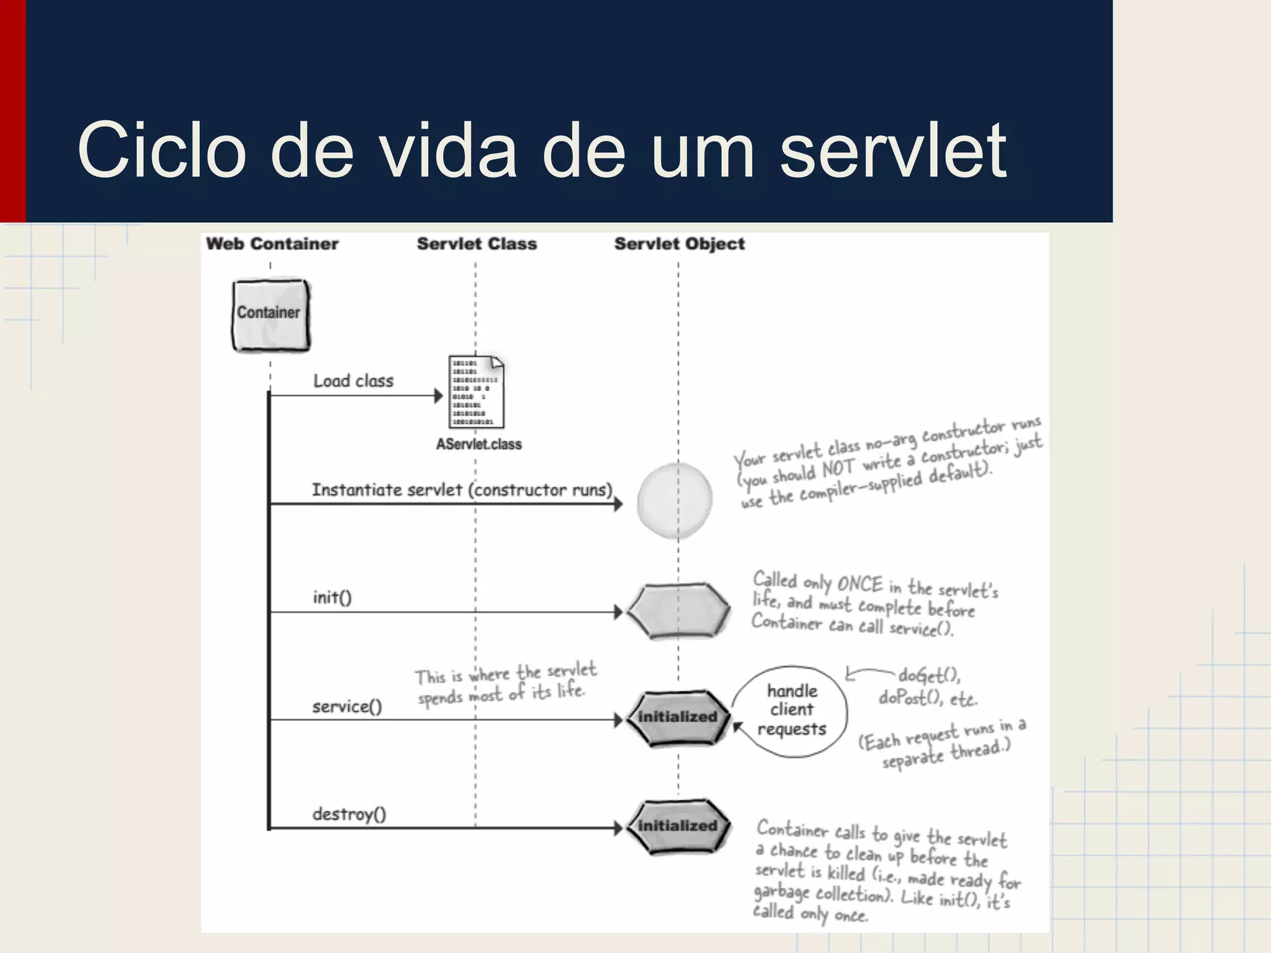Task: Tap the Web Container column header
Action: click(x=272, y=244)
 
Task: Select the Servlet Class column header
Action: click(x=477, y=244)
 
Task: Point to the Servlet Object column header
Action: click(x=680, y=244)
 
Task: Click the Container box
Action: click(x=271, y=315)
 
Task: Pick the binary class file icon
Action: click(x=476, y=391)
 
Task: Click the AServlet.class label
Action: click(x=478, y=444)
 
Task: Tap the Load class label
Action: click(x=353, y=381)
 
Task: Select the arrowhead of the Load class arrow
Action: click(x=439, y=396)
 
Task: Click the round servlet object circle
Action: click(x=675, y=500)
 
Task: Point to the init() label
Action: click(x=332, y=597)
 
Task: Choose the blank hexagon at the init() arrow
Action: click(x=678, y=611)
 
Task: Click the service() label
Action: click(x=347, y=706)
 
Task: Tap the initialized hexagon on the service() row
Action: click(x=678, y=718)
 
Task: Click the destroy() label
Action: click(x=349, y=814)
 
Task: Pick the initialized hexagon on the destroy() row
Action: click(x=678, y=826)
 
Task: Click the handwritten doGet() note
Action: click(x=928, y=675)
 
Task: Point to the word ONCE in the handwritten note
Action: click(x=860, y=584)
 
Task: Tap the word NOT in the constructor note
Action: click(x=838, y=469)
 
